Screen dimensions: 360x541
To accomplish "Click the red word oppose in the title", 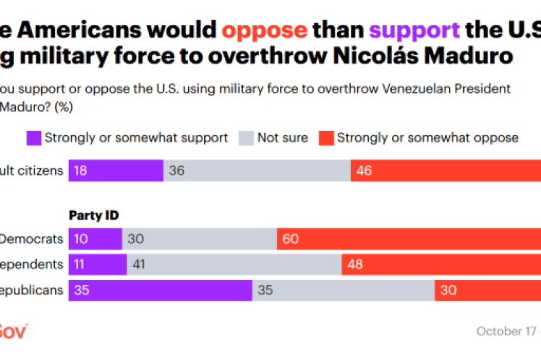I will pos(265,30).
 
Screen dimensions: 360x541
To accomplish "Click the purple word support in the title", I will pos(415,30).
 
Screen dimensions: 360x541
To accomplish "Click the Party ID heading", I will pos(94,215).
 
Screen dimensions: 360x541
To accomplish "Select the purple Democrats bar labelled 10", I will pos(95,239).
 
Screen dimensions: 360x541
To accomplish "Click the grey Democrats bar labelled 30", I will pos(199,239).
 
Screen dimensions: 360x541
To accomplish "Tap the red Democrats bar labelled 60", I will pos(409,239).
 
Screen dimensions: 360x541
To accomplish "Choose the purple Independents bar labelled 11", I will pos(98,265).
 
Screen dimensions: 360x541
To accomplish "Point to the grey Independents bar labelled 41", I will pos(234,265).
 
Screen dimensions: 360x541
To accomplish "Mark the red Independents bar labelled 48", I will pos(441,265).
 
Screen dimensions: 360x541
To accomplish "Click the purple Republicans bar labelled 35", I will pos(160,291).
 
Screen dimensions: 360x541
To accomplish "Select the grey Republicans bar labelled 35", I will pos(343,291).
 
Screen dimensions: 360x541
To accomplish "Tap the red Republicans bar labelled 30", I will pos(487,291).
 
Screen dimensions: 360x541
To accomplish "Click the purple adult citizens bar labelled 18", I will pos(116,171).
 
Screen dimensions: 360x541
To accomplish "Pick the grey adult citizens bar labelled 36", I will pos(257,171).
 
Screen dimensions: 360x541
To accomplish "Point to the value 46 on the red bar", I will pos(365,171).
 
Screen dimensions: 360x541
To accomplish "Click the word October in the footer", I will pos(499,331).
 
